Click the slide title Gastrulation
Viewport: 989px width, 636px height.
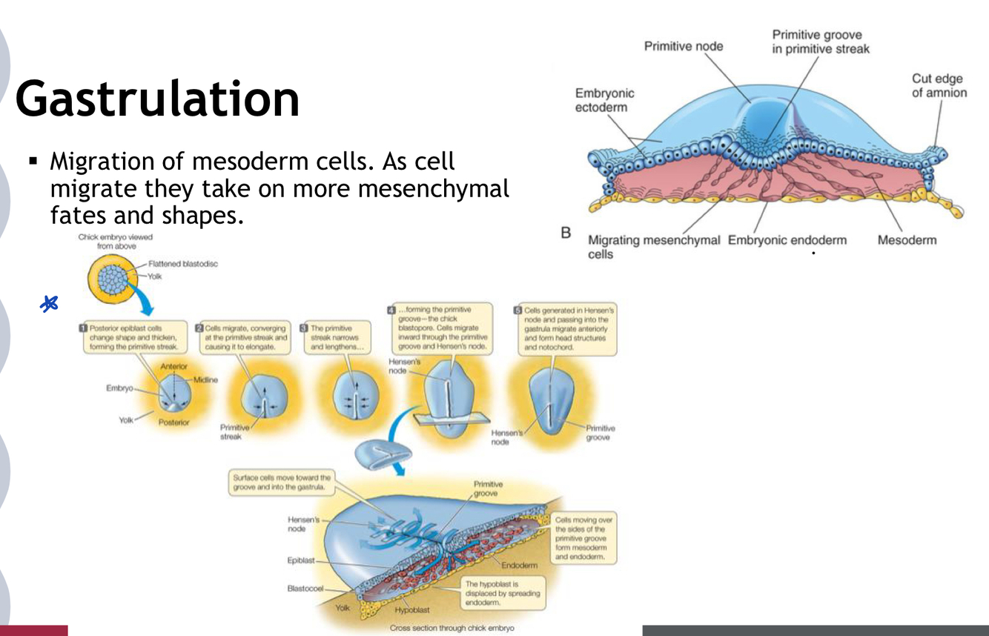point(157,99)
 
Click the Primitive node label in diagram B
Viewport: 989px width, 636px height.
point(683,46)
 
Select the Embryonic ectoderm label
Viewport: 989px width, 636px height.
point(605,101)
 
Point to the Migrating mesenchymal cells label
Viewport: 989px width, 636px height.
point(653,247)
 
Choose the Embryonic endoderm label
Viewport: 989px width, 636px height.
point(787,240)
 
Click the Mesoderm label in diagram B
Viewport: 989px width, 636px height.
point(906,240)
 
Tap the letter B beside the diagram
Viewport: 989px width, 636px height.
point(566,233)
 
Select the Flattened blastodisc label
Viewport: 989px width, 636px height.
point(183,264)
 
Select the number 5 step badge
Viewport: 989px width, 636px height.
point(518,309)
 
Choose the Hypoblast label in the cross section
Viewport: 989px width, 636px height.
point(411,609)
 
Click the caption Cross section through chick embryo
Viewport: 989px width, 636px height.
point(451,628)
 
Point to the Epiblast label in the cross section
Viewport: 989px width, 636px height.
point(302,560)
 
